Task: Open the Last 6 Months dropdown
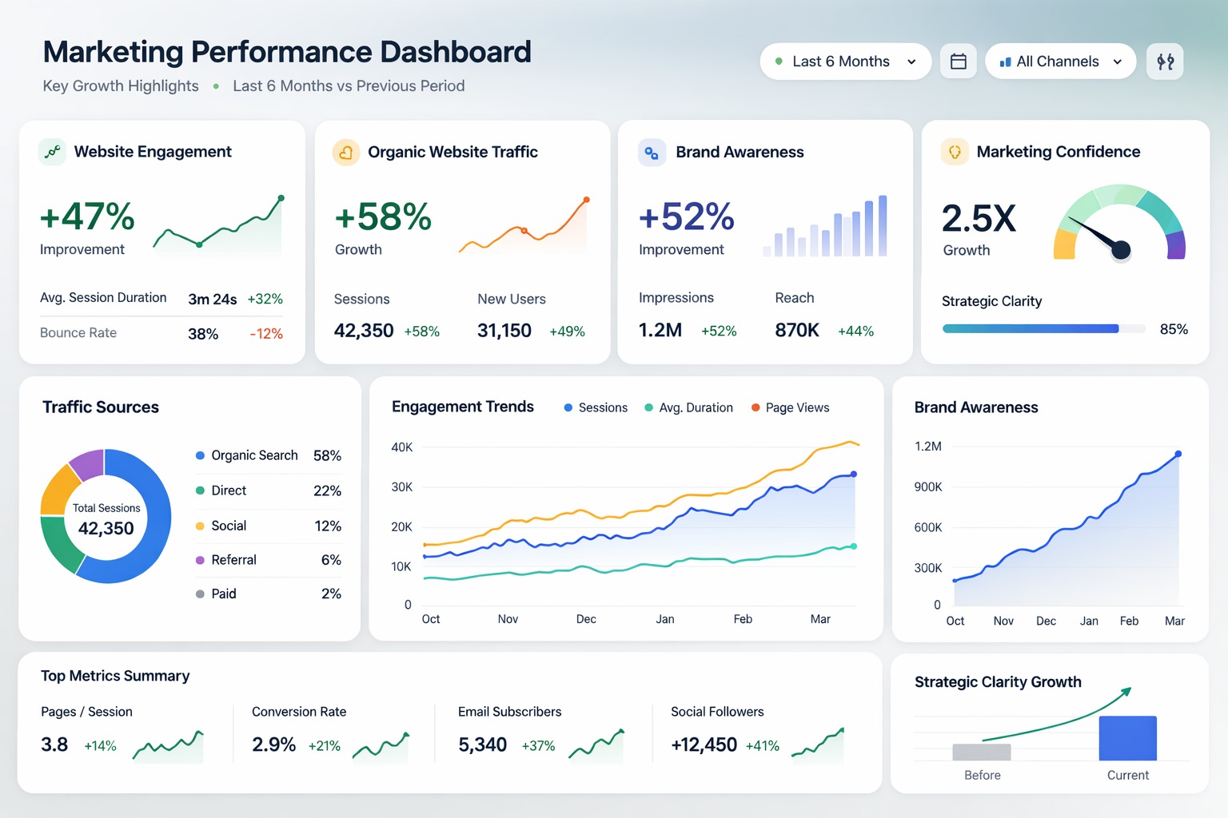click(845, 62)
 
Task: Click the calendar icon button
click(959, 62)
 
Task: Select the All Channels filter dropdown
click(1060, 62)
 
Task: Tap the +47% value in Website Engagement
click(87, 216)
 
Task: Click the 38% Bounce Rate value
click(203, 334)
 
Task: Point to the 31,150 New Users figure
click(504, 331)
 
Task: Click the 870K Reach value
click(797, 330)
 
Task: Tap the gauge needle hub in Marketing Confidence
click(1121, 250)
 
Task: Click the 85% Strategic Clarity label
click(1174, 329)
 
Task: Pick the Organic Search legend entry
click(253, 455)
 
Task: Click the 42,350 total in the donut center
click(106, 528)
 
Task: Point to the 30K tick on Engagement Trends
click(401, 487)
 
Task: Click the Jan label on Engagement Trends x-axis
click(665, 619)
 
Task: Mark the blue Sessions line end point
click(854, 475)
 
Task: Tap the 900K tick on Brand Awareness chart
click(928, 487)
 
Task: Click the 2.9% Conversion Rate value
click(273, 745)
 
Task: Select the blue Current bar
click(1127, 738)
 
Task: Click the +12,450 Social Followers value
click(704, 745)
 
